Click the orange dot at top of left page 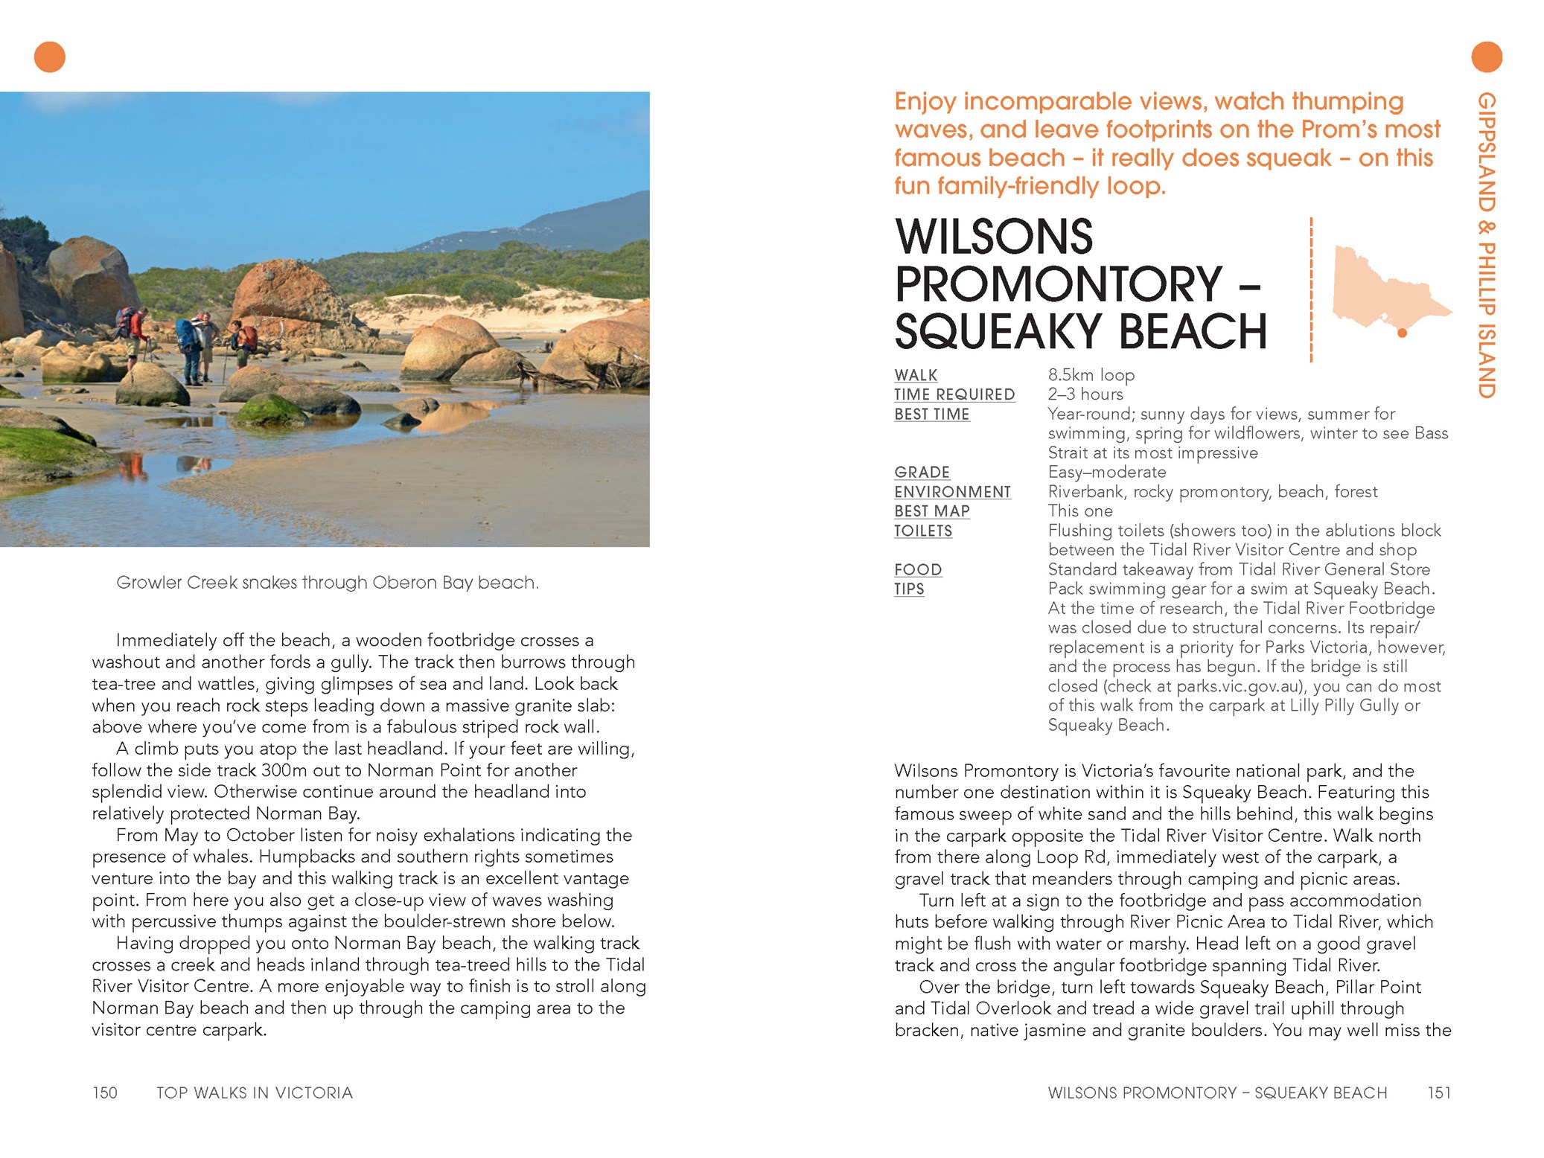pyautogui.click(x=50, y=57)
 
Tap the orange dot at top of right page pyautogui.click(x=1486, y=57)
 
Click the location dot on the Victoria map pyautogui.click(x=1402, y=333)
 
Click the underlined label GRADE pyautogui.click(x=922, y=473)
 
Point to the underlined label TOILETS pyautogui.click(x=923, y=531)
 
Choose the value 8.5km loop pyautogui.click(x=1091, y=375)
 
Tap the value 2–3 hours pyautogui.click(x=1085, y=394)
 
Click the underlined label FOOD pyautogui.click(x=918, y=569)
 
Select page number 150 pyautogui.click(x=105, y=1093)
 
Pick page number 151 pyautogui.click(x=1438, y=1093)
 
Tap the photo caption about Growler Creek pyautogui.click(x=327, y=583)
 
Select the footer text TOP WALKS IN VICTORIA pyautogui.click(x=255, y=1093)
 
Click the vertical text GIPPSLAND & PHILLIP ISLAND pyautogui.click(x=1486, y=246)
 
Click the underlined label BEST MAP pyautogui.click(x=932, y=511)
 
